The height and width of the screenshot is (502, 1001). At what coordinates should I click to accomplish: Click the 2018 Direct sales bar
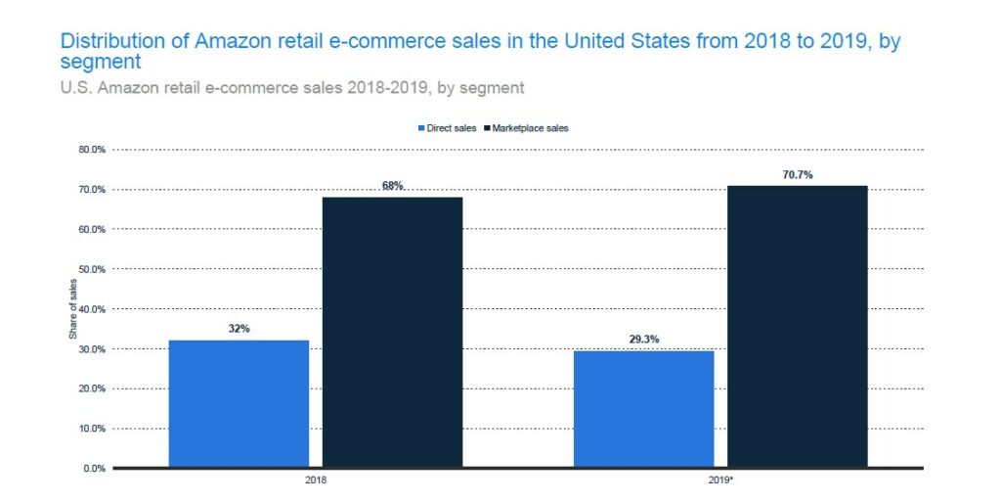coord(239,403)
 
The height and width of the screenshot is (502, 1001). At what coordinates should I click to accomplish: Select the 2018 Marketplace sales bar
coord(392,333)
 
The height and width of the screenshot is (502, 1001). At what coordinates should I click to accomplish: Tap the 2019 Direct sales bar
coord(643,409)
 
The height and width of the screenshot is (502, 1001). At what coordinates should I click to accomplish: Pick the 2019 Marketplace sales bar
coord(797,327)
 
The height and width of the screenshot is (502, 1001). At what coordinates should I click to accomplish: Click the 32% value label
coord(239,329)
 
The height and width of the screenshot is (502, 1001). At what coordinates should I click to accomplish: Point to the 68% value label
coord(392,186)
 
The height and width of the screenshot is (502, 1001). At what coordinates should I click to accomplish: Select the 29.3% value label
coord(643,340)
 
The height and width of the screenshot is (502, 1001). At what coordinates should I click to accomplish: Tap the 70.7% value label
coord(798,175)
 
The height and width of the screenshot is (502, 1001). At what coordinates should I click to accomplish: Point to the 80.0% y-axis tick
coord(92,150)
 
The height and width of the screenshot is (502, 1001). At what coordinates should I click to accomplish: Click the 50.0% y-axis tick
coord(92,269)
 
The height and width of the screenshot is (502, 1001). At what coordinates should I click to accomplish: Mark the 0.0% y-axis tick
coord(95,468)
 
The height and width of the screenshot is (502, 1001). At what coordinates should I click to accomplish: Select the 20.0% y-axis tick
coord(92,388)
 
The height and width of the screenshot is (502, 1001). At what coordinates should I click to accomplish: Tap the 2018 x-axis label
coord(316,481)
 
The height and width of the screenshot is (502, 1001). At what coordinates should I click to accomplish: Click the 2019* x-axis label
coord(720,481)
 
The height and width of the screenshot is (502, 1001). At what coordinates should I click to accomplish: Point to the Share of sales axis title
coord(72,309)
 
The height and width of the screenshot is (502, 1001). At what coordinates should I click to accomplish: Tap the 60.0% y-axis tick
coord(92,229)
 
